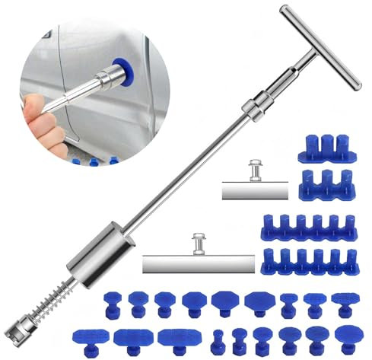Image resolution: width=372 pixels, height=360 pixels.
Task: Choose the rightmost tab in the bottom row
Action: [x=348, y=336]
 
